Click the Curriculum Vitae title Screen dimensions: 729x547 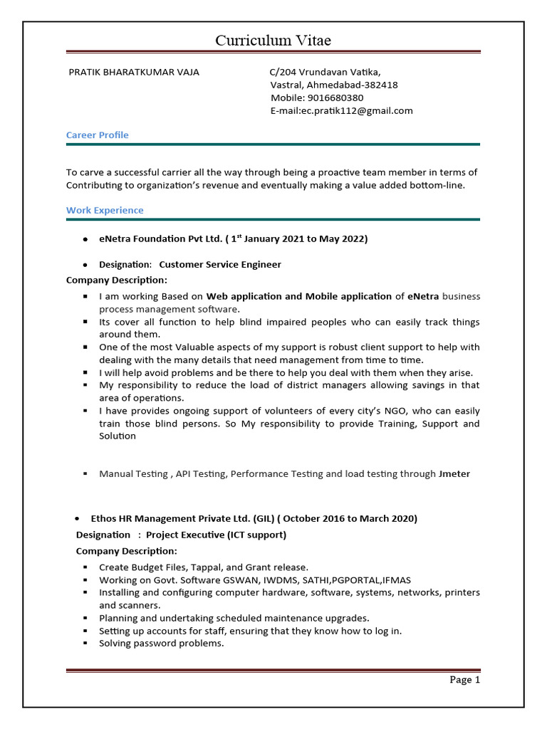click(273, 41)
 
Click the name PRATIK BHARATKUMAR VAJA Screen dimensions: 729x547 click(133, 72)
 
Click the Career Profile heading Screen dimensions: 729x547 click(98, 135)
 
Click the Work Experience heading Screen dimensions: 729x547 click(105, 210)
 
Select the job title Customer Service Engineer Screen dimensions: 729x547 click(220, 264)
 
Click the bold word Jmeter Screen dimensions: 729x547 click(454, 473)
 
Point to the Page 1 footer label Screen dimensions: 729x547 click(465, 679)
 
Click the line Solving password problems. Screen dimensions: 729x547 click(162, 643)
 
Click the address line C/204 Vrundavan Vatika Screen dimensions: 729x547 click(325, 72)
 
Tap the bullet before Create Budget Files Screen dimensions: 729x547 click(85, 567)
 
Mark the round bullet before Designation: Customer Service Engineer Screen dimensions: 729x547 click(85, 265)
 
